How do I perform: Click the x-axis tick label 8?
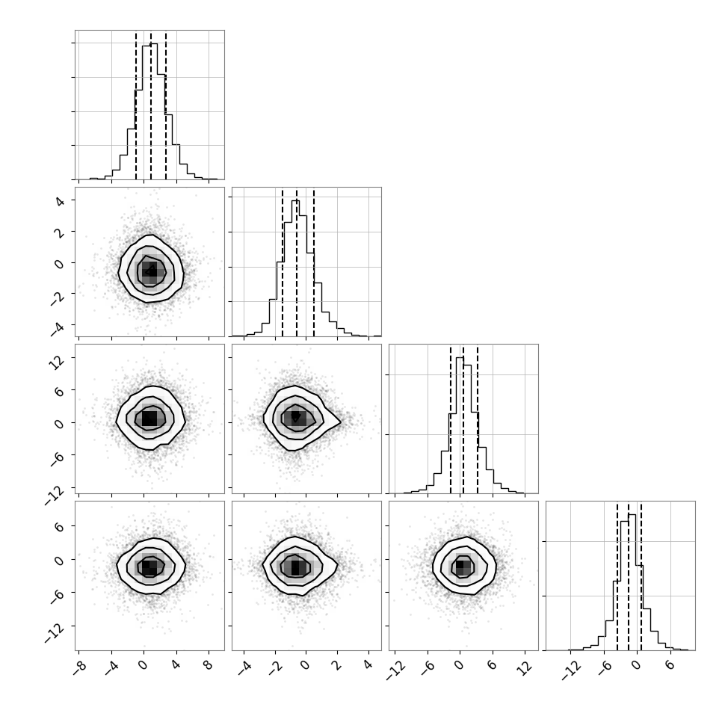pyautogui.click(x=208, y=664)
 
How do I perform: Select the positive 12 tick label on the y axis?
pyautogui.click(x=56, y=362)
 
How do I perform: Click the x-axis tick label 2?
pyautogui.click(x=336, y=664)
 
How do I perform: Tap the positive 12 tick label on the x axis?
pyautogui.click(x=523, y=667)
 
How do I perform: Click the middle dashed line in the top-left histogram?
pyautogui.click(x=151, y=105)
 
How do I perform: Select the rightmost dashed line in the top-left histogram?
pyautogui.click(x=166, y=105)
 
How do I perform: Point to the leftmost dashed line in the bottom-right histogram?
pyautogui.click(x=617, y=576)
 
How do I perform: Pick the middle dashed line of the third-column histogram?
pyautogui.click(x=463, y=419)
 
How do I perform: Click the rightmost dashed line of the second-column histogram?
pyautogui.click(x=314, y=262)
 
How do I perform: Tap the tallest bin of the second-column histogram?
pyautogui.click(x=295, y=268)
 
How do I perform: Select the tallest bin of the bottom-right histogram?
pyautogui.click(x=632, y=582)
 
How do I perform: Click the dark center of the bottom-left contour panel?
pyautogui.click(x=148, y=567)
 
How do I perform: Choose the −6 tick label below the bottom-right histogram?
pyautogui.click(x=600, y=667)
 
